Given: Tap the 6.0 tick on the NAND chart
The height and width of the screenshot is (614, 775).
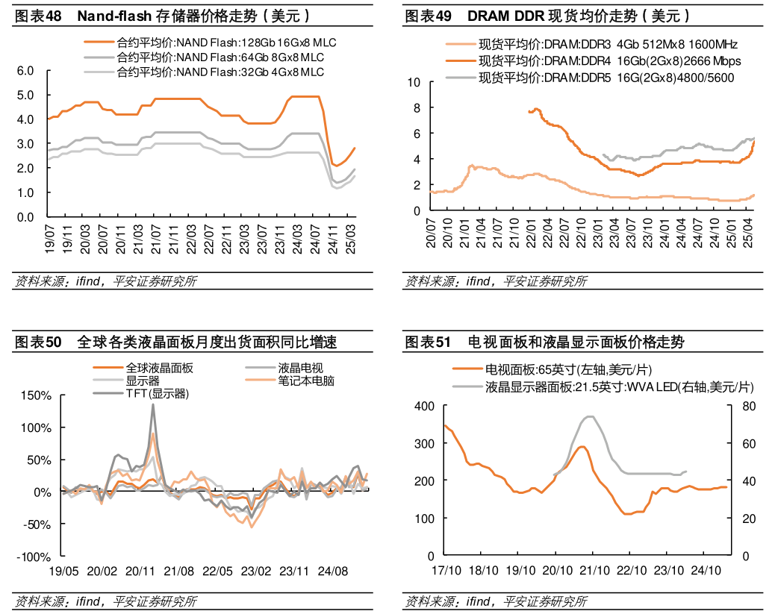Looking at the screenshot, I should click(x=25, y=71).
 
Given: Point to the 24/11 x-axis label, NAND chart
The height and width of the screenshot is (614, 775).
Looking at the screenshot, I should click(x=332, y=238).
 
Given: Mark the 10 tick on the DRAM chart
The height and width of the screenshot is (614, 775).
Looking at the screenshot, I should click(x=414, y=82).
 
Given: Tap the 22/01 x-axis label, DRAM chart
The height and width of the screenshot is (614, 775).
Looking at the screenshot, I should click(x=532, y=232).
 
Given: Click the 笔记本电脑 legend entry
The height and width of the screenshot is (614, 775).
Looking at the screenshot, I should click(x=306, y=380).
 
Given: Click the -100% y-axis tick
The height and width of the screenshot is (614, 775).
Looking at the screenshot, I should click(x=34, y=557).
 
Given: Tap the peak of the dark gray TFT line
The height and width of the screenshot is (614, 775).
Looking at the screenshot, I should click(x=153, y=404).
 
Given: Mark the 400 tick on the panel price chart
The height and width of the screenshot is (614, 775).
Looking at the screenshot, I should click(x=424, y=406).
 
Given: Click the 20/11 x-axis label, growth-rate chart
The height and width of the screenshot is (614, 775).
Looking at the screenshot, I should click(x=140, y=571).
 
